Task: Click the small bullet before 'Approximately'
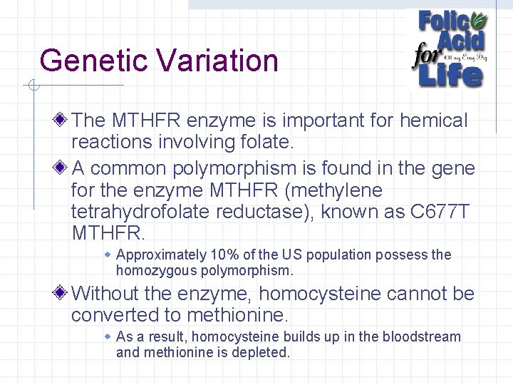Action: (108, 255)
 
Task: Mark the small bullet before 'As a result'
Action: (108, 336)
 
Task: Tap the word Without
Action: (108, 293)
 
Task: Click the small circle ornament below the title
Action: (32, 87)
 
